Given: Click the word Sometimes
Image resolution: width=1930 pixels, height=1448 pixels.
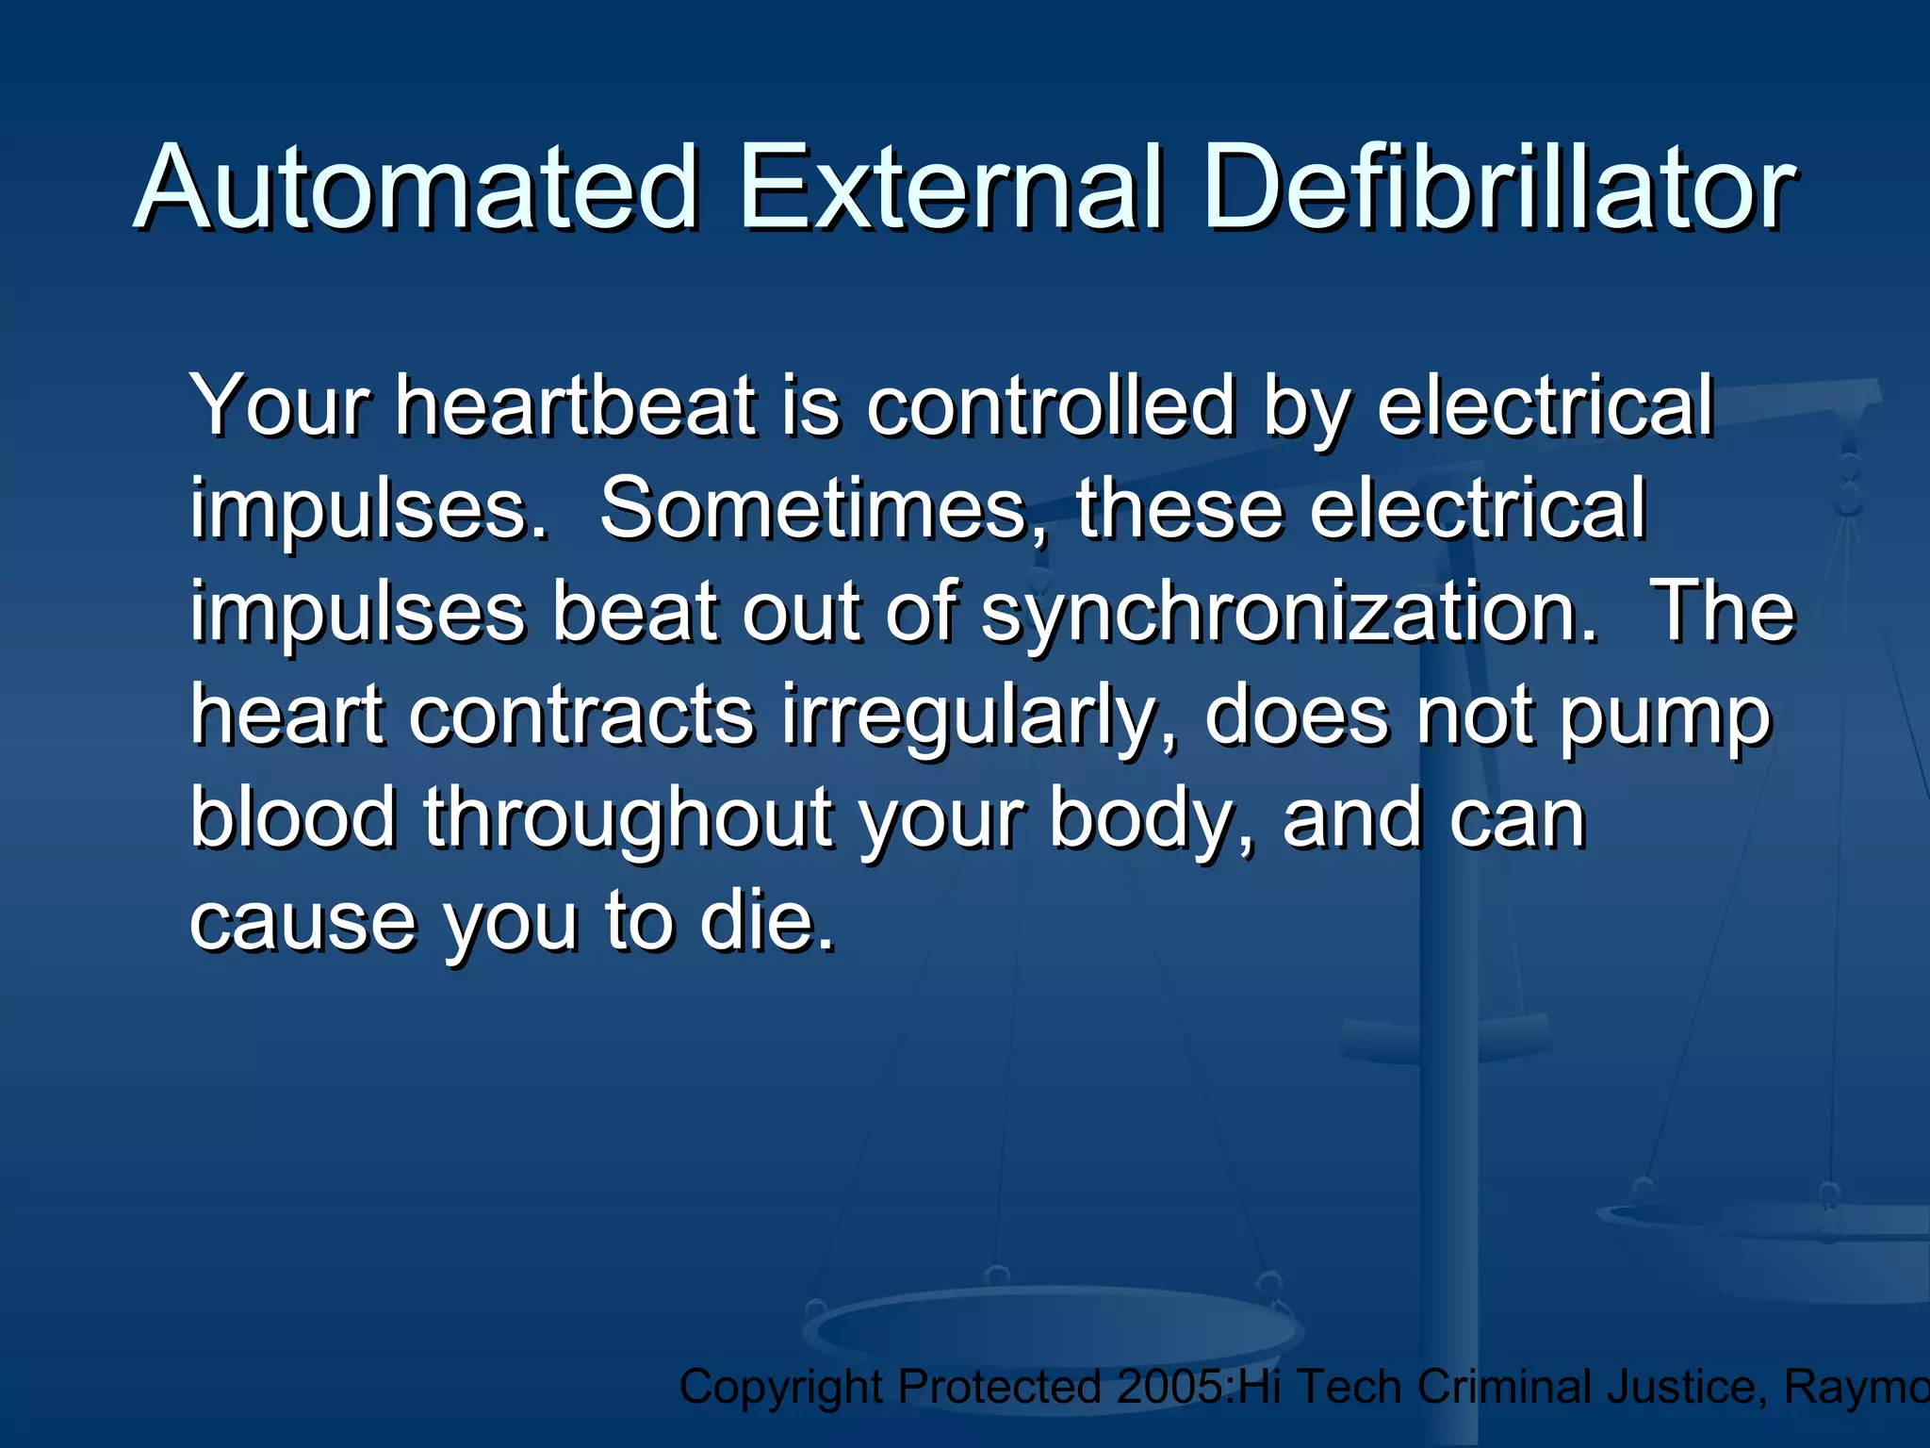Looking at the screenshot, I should [816, 509].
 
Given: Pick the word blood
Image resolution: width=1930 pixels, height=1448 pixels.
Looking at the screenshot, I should [293, 818].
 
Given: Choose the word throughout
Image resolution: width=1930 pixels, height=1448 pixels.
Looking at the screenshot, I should [627, 818].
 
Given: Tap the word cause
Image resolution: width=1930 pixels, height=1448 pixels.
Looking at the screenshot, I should [302, 922].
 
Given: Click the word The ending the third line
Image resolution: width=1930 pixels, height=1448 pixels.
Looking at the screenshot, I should [1725, 613].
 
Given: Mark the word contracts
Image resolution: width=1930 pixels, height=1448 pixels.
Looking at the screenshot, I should [581, 716].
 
